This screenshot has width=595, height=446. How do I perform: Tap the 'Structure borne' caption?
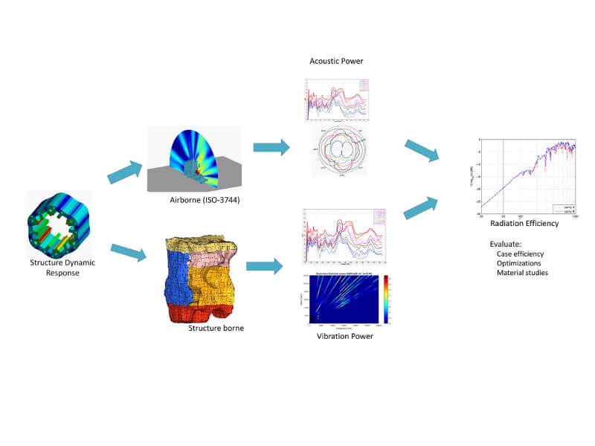[x=216, y=328]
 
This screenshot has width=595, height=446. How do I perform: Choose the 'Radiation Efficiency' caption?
[x=524, y=224]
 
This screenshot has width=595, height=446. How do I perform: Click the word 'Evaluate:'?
[x=505, y=244]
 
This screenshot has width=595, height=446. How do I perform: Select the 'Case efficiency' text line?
[x=521, y=254]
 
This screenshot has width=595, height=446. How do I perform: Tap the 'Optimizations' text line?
[x=519, y=264]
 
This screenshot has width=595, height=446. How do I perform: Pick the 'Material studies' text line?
[x=522, y=274]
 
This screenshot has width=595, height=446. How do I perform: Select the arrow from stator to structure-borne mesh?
[x=127, y=253]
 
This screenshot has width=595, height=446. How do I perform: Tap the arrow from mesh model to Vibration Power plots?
[x=266, y=265]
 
